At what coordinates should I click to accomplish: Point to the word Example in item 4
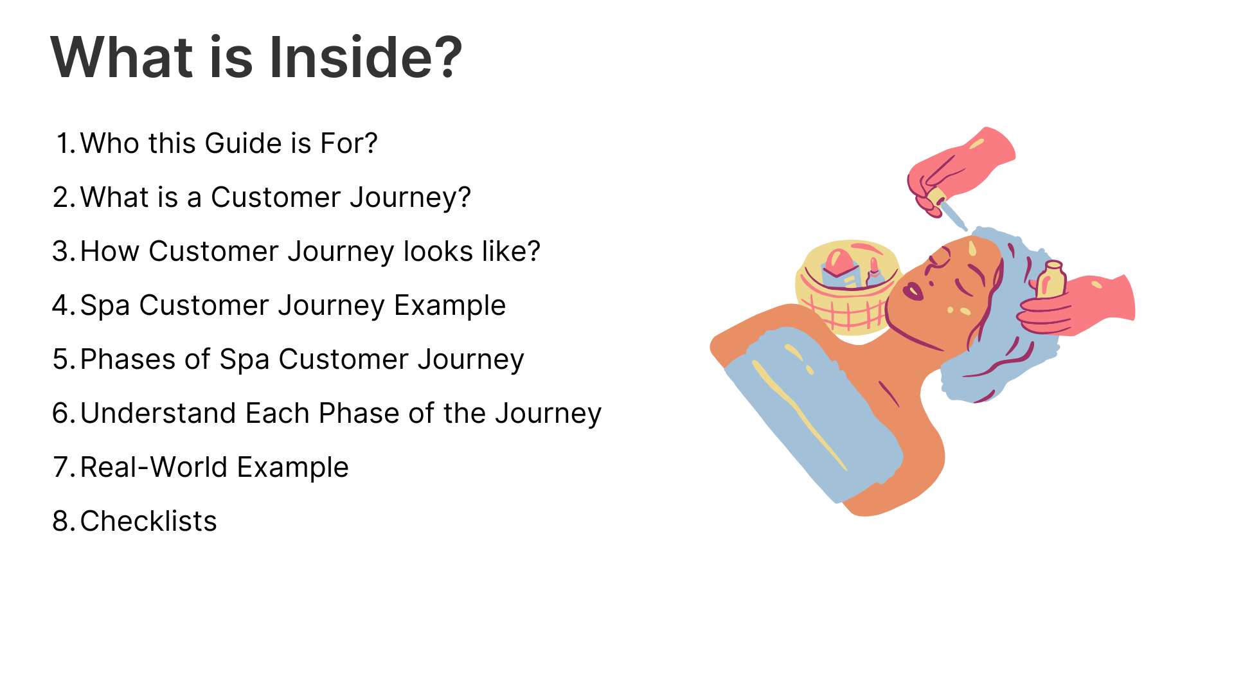[450, 306]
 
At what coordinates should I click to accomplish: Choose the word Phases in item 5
[128, 359]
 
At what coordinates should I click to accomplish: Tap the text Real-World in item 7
[154, 467]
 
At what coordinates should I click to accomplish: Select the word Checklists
[148, 521]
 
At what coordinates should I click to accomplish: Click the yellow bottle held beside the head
[1051, 280]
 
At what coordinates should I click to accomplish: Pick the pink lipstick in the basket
[874, 273]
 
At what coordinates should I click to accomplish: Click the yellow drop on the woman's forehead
[972, 248]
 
